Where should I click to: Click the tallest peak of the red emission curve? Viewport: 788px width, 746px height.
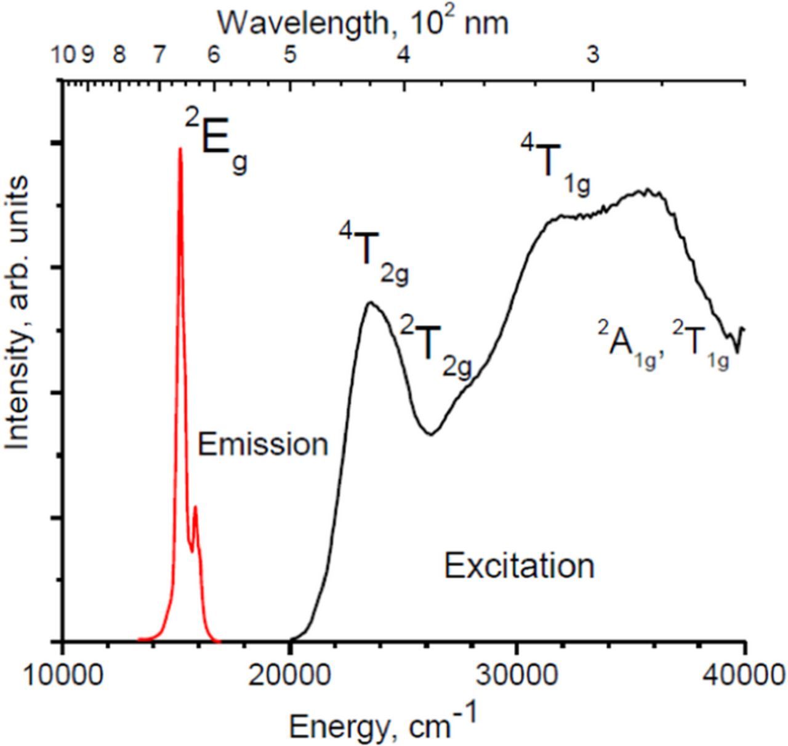coord(180,149)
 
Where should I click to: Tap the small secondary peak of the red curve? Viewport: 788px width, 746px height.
coord(195,508)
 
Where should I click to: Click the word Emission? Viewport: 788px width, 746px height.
coord(263,444)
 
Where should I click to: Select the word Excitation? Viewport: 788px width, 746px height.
coord(519,566)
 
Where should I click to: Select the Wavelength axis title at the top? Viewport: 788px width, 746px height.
coord(363,22)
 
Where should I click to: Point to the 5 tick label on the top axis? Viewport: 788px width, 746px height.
coord(289,55)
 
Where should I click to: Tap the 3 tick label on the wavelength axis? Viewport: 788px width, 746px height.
coord(592,55)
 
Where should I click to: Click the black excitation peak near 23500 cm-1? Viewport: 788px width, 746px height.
coord(370,302)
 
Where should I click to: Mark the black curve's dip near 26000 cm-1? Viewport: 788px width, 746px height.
coord(431,434)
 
